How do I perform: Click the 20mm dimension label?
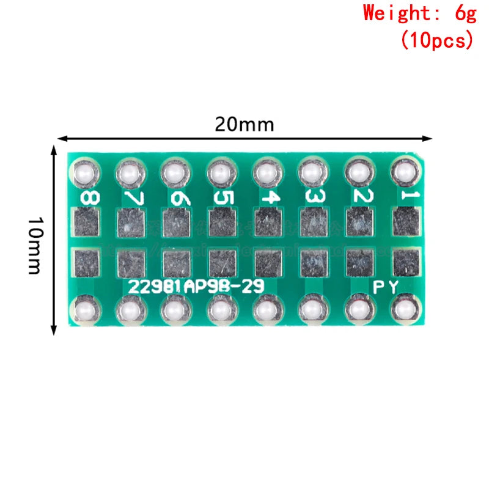click(x=244, y=125)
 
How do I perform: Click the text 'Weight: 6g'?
click(x=419, y=13)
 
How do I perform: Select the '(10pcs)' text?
click(x=436, y=40)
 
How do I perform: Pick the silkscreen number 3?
click(x=314, y=197)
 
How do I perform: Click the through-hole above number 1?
click(x=403, y=174)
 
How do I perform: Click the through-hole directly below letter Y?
click(x=403, y=310)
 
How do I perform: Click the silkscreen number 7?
click(x=131, y=197)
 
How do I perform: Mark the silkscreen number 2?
click(x=359, y=197)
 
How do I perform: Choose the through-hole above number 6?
click(x=175, y=175)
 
